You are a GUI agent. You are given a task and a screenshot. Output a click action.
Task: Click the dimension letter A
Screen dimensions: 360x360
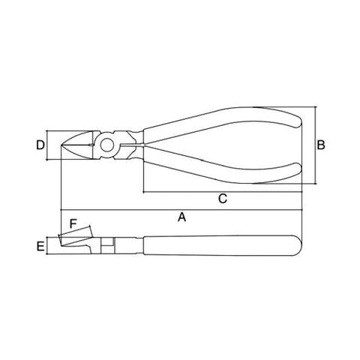(182, 217)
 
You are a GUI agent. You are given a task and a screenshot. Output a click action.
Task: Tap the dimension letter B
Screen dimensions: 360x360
(321, 145)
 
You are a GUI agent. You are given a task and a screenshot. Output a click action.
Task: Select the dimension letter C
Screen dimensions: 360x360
(223, 199)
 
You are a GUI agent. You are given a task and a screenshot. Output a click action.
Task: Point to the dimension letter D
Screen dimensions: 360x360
(40, 145)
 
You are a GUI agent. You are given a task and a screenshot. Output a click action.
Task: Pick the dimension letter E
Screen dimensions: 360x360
(40, 247)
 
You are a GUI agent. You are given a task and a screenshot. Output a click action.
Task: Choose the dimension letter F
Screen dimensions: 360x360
(73, 223)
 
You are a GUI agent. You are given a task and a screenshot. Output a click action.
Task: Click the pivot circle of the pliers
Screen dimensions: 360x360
(107, 145)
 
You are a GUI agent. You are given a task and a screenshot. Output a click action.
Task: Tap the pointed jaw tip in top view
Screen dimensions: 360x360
(62, 145)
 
